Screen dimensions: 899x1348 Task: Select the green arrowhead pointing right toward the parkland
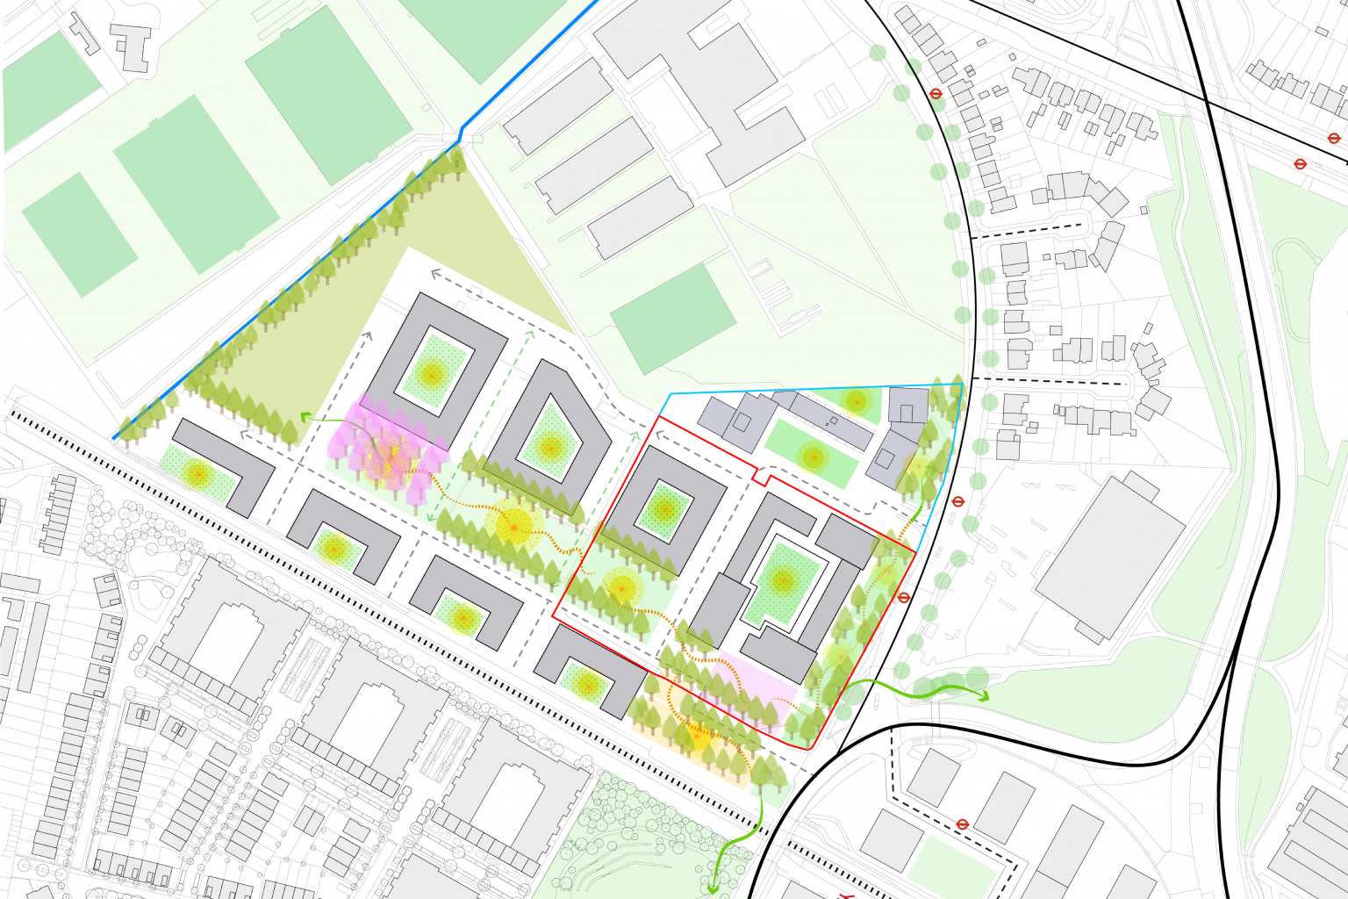pos(984,697)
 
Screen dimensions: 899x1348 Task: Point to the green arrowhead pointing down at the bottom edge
pos(712,888)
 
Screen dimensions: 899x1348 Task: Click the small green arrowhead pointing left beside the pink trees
pos(305,418)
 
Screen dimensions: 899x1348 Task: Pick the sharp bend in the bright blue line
pos(462,137)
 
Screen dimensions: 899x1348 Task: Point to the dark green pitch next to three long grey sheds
pos(672,319)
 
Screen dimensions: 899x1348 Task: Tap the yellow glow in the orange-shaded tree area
pos(698,738)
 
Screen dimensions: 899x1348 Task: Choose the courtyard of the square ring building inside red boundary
pos(664,510)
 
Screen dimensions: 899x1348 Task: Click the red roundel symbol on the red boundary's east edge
pos(905,597)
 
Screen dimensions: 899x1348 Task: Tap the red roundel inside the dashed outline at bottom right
pos(963,824)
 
